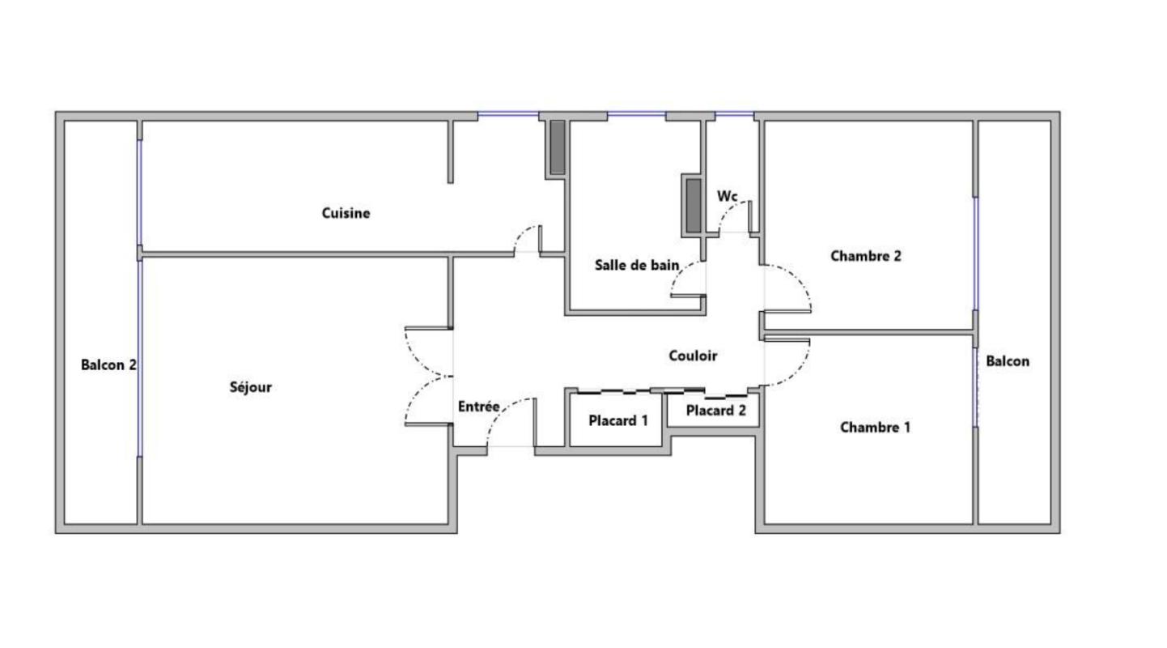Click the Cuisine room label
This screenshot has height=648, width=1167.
tap(346, 213)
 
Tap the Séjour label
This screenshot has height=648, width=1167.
tap(251, 387)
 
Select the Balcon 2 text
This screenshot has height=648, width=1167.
tap(108, 365)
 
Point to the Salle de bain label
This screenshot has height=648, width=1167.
tap(637, 265)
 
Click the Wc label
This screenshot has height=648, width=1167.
tap(728, 196)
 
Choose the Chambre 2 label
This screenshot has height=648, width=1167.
tap(865, 256)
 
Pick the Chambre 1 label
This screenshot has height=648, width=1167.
tap(876, 428)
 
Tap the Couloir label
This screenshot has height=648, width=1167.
tap(693, 356)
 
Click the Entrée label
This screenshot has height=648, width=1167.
tap(479, 406)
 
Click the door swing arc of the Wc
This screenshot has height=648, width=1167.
tap(728, 211)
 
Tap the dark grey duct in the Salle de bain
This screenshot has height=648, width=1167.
tap(694, 206)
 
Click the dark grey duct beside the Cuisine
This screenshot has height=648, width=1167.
tap(558, 147)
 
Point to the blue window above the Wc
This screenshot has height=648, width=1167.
tap(734, 113)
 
